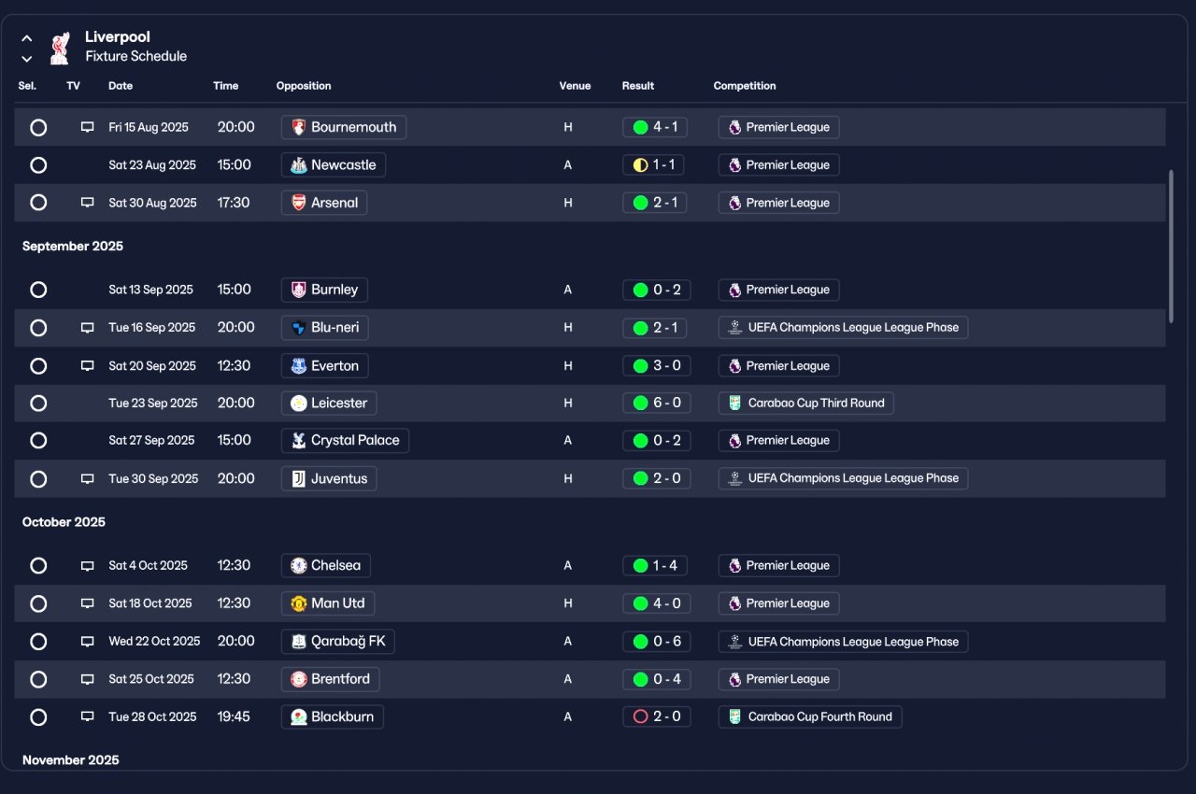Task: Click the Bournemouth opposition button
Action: (343, 127)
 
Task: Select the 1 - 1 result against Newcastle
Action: (653, 165)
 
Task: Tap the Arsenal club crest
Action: (298, 203)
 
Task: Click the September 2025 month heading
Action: (73, 246)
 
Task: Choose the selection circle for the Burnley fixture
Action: (38, 290)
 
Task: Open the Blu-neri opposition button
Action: (324, 328)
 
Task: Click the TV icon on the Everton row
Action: (87, 365)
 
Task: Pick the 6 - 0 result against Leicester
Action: (656, 403)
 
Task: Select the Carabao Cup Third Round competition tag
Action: (805, 403)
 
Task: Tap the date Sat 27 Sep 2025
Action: (151, 440)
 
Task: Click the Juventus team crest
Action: (298, 478)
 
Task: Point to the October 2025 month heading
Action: (64, 522)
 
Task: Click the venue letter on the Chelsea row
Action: (567, 566)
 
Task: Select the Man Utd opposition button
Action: (328, 603)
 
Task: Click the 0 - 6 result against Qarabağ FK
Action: (656, 642)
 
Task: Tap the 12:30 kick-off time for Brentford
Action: (234, 679)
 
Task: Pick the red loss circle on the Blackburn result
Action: (640, 716)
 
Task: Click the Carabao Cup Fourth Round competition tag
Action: (810, 716)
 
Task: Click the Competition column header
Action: (745, 86)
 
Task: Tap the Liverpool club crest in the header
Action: (60, 48)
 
